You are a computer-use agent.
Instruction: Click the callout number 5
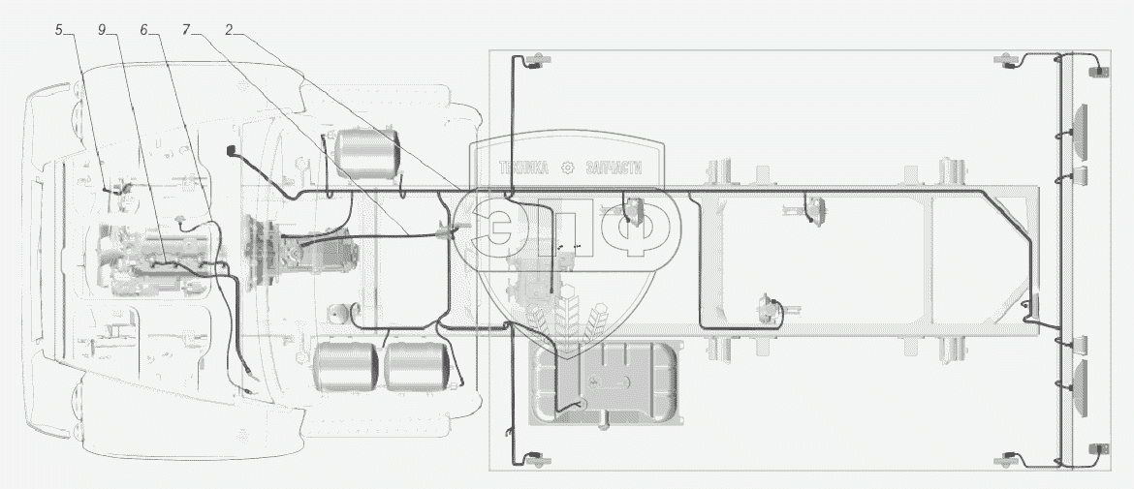click(59, 30)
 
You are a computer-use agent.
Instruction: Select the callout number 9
click(102, 30)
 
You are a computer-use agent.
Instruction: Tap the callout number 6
click(143, 30)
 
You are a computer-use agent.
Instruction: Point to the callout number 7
click(187, 30)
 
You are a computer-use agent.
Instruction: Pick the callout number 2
click(229, 30)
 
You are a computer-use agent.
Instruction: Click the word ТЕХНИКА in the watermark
click(523, 168)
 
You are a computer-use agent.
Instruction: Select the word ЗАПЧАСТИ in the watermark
click(614, 168)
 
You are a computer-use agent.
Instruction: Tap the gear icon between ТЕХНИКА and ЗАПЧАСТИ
click(567, 168)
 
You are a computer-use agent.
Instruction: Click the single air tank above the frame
click(366, 153)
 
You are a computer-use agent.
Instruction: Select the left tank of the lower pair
click(346, 366)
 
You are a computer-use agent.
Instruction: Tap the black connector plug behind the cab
click(233, 150)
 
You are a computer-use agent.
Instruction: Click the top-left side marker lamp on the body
click(537, 61)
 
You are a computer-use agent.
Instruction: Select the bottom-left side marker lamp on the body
click(537, 459)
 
